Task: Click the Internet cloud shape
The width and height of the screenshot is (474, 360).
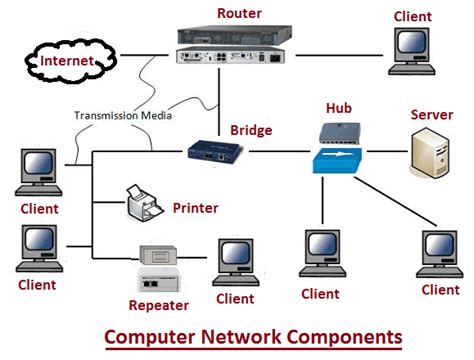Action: pyautogui.click(x=68, y=61)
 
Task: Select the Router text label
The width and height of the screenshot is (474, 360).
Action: pyautogui.click(x=238, y=11)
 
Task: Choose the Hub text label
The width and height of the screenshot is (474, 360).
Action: pyautogui.click(x=338, y=106)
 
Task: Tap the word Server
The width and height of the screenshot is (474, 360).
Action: pyautogui.click(x=431, y=115)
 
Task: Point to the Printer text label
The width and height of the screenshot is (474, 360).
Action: pyautogui.click(x=195, y=208)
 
